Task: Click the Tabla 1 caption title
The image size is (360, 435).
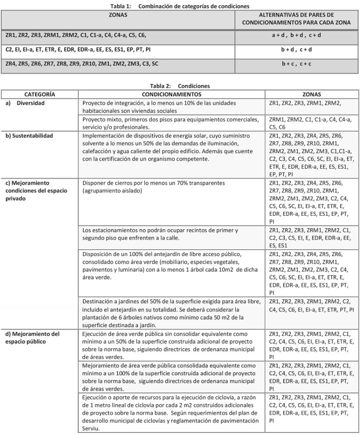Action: click(179, 5)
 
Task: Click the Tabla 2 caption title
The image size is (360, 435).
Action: click(179, 85)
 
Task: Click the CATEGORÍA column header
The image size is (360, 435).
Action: click(40, 94)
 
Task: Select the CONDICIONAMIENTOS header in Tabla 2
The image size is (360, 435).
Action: click(172, 94)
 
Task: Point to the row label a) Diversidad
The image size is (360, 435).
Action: click(29, 103)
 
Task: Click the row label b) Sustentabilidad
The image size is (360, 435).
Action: click(35, 135)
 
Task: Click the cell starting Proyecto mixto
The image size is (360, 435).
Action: click(170, 123)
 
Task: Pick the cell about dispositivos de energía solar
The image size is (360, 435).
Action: click(170, 147)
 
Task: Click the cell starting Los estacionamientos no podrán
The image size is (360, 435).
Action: click(170, 233)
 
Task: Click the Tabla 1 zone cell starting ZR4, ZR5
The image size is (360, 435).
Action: click(81, 64)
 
